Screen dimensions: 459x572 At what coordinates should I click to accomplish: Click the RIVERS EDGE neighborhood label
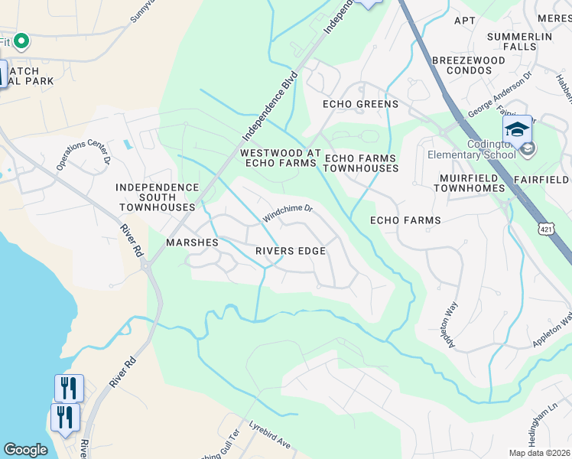click(x=291, y=251)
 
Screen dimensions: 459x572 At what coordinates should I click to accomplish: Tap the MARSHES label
click(x=193, y=243)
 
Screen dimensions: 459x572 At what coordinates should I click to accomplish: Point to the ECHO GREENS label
click(x=360, y=104)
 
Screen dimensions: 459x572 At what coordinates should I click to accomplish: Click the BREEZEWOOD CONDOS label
click(x=468, y=65)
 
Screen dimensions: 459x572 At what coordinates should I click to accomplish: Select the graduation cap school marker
click(x=517, y=129)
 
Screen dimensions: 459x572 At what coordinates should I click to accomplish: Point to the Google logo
click(x=25, y=450)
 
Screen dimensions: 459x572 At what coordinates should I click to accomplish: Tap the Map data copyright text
click(x=539, y=453)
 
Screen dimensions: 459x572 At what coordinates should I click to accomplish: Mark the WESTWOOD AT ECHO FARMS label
click(x=279, y=158)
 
